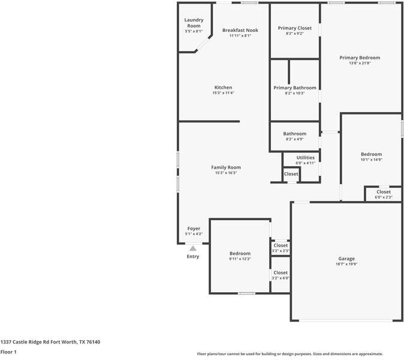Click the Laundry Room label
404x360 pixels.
pyautogui.click(x=193, y=23)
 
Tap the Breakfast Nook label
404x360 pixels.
pyautogui.click(x=240, y=30)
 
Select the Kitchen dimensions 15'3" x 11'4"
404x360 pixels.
pyautogui.click(x=223, y=93)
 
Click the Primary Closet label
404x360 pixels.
pyautogui.click(x=294, y=28)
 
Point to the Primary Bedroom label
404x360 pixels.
pyautogui.click(x=360, y=58)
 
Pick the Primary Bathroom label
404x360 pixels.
pyautogui.click(x=294, y=88)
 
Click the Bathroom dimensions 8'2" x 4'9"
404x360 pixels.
pyautogui.click(x=294, y=139)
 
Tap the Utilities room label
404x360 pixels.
pyautogui.click(x=305, y=157)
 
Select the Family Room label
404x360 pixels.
pyautogui.click(x=225, y=167)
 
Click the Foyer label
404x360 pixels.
pyautogui.click(x=194, y=229)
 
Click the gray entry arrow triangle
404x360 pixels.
pyautogui.click(x=192, y=247)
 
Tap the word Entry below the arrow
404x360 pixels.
pyautogui.click(x=193, y=257)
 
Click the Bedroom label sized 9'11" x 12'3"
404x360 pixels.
pyautogui.click(x=240, y=253)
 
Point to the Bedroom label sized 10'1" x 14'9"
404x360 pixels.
pyautogui.click(x=371, y=154)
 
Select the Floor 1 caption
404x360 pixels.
pyautogui.click(x=8, y=352)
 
